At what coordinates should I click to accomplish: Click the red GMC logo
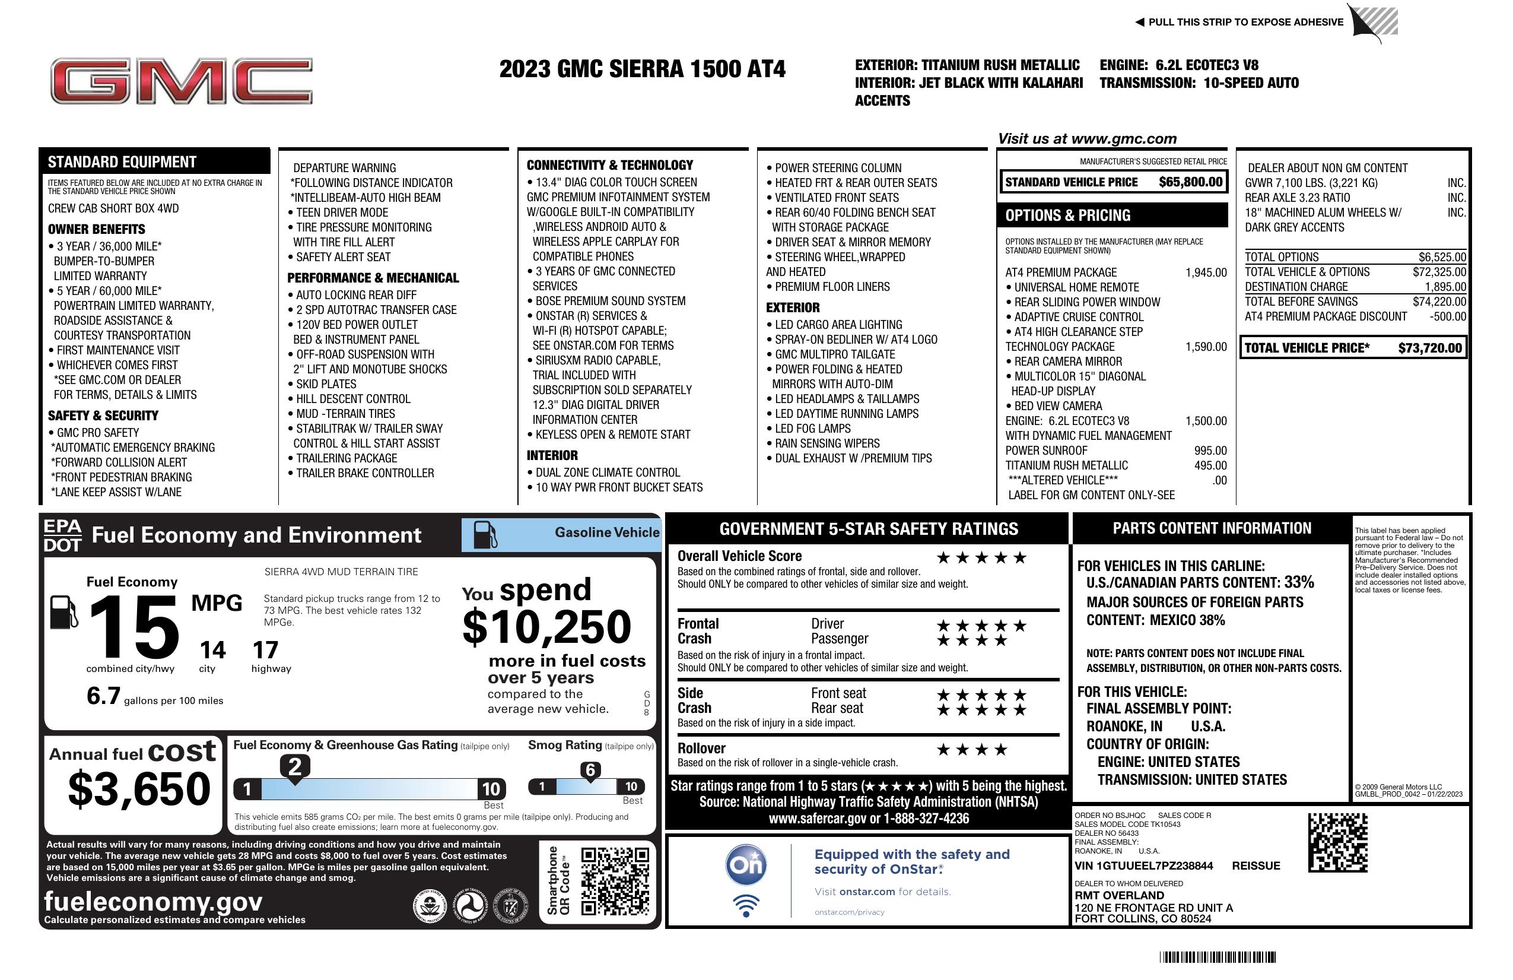coord(181,81)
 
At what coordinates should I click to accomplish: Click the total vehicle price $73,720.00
coord(1430,348)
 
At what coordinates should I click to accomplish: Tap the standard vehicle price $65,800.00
coord(1190,182)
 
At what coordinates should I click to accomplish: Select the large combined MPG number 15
coord(134,627)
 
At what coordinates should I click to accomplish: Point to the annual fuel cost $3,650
coord(139,789)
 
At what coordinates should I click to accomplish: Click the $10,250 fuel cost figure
coord(546,627)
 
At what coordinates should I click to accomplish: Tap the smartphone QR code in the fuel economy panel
coord(614,881)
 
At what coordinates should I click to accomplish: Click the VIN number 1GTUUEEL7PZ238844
coord(1143,865)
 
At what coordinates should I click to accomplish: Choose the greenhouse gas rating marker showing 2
coord(295,767)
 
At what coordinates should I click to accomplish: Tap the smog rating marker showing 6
coord(590,770)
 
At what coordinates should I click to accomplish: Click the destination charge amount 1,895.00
coord(1445,287)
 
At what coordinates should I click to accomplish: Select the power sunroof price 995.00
coord(1210,451)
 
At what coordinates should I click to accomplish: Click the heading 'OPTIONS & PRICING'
coord(1067,215)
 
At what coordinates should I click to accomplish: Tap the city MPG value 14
coord(212,650)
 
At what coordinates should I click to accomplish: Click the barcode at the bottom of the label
coord(1218,957)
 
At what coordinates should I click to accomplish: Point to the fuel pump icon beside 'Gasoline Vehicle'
coord(485,534)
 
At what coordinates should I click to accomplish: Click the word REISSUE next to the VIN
coord(1255,865)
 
